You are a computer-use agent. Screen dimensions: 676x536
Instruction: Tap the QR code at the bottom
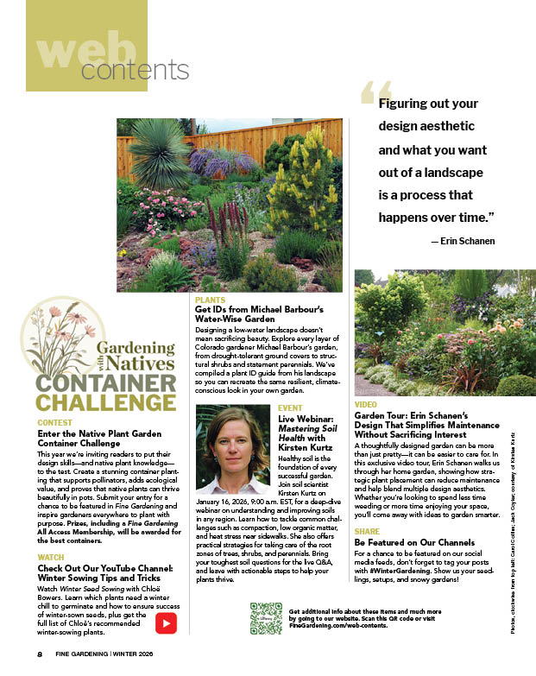266,618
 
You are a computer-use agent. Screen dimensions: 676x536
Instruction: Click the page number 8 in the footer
40,654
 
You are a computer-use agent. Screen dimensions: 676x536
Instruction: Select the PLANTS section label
209,300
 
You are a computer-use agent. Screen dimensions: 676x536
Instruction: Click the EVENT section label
290,407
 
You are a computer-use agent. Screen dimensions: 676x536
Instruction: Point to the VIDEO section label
366,404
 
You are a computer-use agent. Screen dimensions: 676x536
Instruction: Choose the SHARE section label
367,531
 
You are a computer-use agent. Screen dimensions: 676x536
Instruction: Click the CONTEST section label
55,422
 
